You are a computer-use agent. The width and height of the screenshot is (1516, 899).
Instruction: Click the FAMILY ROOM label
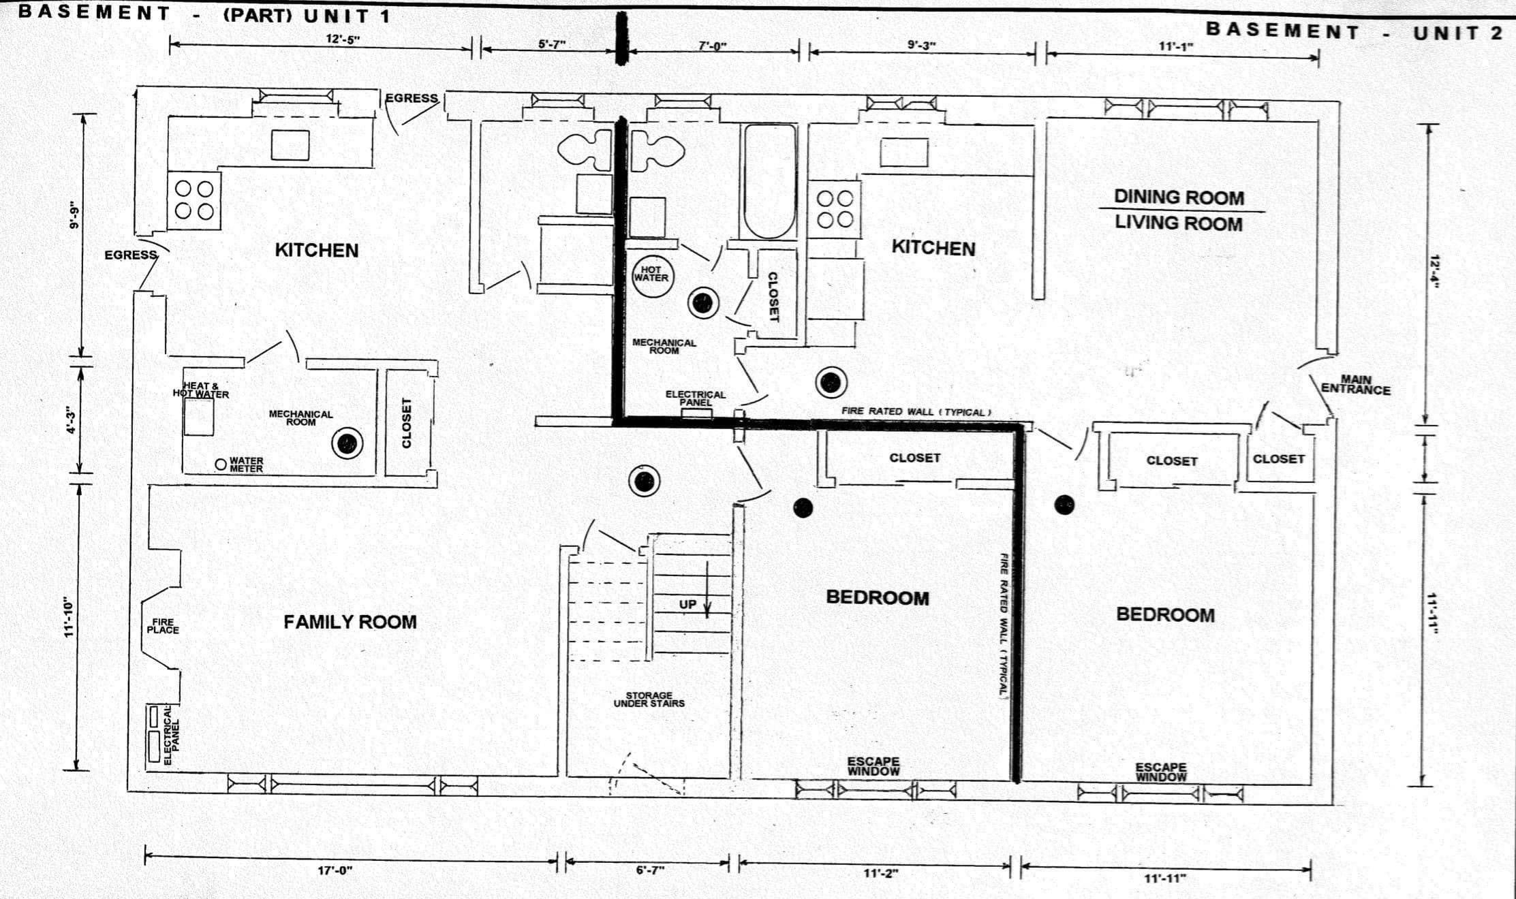pyautogui.click(x=350, y=622)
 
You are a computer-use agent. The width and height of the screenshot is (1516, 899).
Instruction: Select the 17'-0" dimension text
pyautogui.click(x=335, y=870)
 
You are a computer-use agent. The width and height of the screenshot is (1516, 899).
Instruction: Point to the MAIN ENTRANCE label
pyautogui.click(x=1356, y=385)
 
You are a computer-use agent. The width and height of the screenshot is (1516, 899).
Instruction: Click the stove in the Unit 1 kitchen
pyautogui.click(x=194, y=200)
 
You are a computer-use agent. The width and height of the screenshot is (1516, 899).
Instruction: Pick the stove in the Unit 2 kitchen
pyautogui.click(x=835, y=209)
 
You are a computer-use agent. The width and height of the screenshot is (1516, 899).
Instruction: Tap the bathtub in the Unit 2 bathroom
pyautogui.click(x=769, y=180)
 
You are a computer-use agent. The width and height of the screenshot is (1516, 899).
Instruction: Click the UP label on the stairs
pyautogui.click(x=687, y=604)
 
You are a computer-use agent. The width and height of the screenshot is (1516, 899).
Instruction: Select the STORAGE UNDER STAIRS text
pyautogui.click(x=649, y=699)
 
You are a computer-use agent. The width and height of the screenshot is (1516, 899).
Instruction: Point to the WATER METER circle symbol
pyautogui.click(x=221, y=464)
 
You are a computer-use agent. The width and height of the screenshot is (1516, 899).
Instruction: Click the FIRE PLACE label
pyautogui.click(x=163, y=626)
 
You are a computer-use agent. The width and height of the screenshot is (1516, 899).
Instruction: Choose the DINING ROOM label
pyautogui.click(x=1179, y=198)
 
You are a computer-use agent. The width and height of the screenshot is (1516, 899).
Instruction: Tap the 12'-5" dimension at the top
pyautogui.click(x=343, y=39)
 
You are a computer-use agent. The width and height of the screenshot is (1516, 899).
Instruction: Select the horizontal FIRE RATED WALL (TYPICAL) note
pyautogui.click(x=916, y=411)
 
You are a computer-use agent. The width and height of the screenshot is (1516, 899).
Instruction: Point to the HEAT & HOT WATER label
pyautogui.click(x=200, y=390)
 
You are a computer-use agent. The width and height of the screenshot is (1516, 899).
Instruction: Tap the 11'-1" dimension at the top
pyautogui.click(x=1176, y=46)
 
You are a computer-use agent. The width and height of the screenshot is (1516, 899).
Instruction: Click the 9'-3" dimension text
pyautogui.click(x=922, y=45)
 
